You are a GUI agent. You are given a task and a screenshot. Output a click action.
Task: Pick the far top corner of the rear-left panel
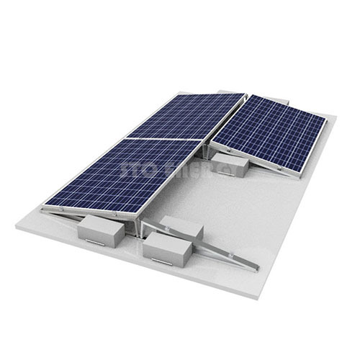[x=245, y=94]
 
